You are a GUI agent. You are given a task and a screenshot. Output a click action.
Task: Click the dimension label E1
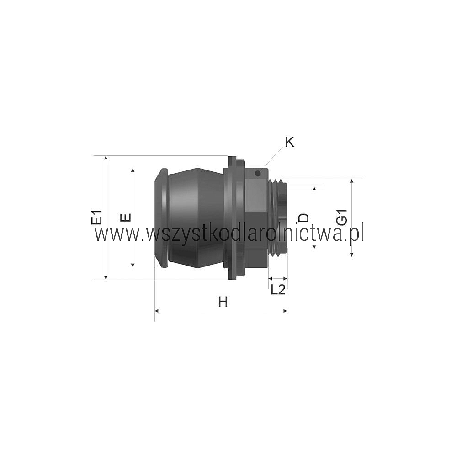point(96,217)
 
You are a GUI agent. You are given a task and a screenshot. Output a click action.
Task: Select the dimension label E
point(126,218)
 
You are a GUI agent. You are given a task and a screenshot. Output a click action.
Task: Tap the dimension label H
point(223,302)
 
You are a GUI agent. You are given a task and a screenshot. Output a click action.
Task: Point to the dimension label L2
point(278,289)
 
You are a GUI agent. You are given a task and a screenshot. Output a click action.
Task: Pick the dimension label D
point(304,218)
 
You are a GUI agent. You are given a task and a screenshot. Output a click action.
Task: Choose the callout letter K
point(289,142)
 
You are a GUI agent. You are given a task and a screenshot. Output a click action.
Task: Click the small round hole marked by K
point(257,173)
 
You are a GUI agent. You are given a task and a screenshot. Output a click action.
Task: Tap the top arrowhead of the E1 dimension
point(106,158)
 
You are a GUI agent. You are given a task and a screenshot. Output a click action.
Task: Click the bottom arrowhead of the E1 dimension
point(106,277)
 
